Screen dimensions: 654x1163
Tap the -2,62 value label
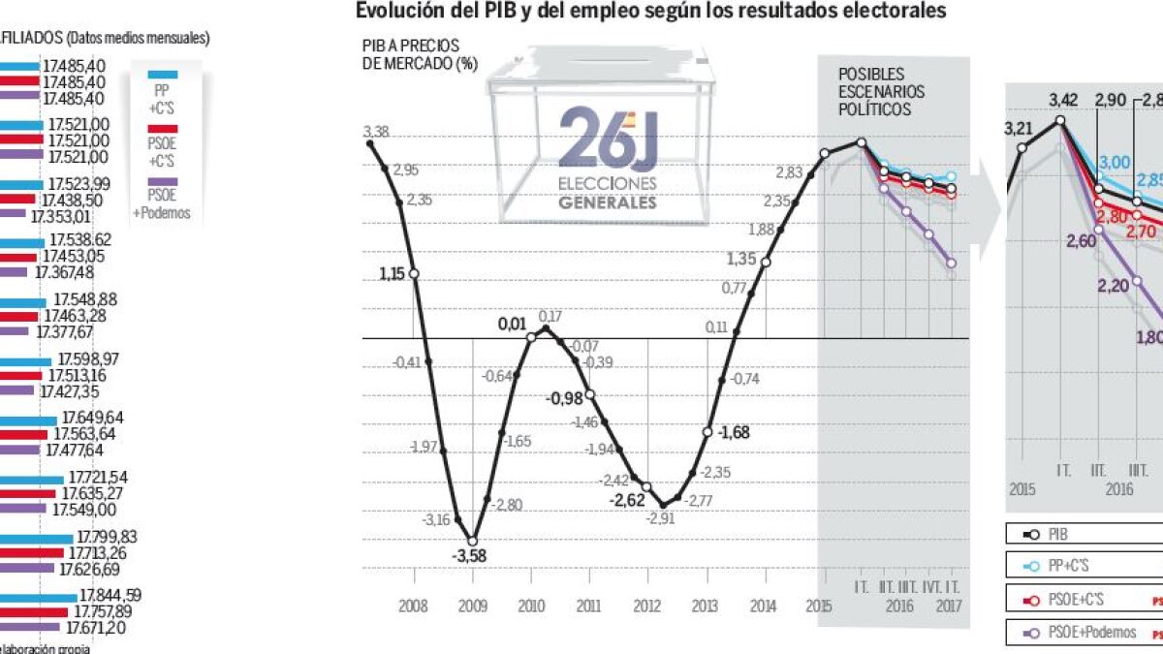point(627,500)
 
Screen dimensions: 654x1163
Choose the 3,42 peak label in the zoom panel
point(1063,100)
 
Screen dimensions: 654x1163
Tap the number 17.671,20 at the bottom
point(92,628)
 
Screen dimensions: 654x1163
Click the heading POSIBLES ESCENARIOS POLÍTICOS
point(881,92)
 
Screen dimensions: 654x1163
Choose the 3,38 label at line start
point(376,132)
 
